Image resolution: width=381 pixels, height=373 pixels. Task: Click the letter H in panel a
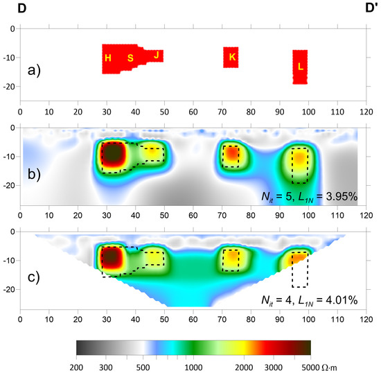[108, 58]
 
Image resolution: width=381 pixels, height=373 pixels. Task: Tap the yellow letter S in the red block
[130, 58]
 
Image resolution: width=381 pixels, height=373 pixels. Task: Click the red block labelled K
[231, 57]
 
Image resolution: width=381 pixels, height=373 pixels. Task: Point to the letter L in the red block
[300, 67]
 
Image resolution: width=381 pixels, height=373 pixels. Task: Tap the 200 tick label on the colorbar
[77, 365]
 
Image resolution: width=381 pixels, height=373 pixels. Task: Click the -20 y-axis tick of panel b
[10, 185]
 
